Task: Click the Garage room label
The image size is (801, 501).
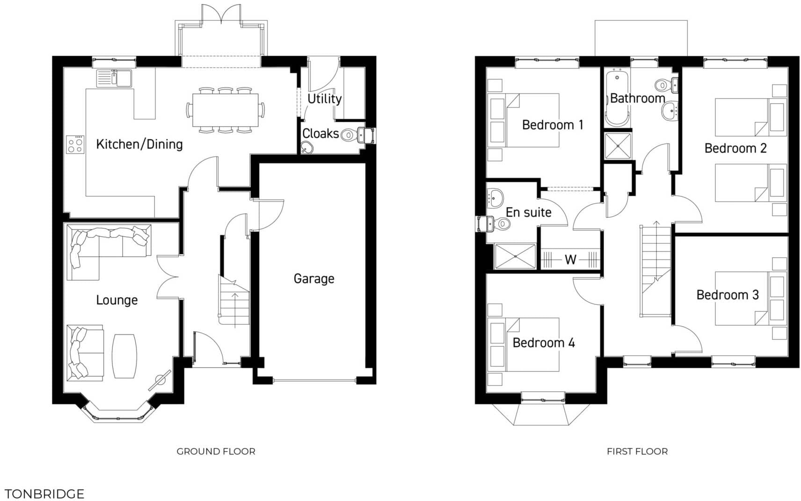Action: coord(314,279)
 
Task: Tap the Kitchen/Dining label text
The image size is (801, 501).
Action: coord(139,144)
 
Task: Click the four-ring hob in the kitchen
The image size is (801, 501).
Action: coord(75,144)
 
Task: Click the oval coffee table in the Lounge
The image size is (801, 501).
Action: coord(124,356)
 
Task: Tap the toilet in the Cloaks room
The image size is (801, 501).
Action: coord(348,136)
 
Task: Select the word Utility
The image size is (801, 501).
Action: coord(324,99)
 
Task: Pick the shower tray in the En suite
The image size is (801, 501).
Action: coord(515,257)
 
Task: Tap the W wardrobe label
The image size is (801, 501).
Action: coord(570,260)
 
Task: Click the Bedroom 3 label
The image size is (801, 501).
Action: coord(727,295)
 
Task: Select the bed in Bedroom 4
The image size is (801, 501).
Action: coord(524,345)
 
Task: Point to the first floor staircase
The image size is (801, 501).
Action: coord(655,269)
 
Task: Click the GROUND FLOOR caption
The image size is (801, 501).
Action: coord(216,451)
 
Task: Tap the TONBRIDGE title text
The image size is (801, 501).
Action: coord(44,494)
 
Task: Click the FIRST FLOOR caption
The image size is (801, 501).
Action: coord(637,451)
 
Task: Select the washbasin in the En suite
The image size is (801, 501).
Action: coord(495,197)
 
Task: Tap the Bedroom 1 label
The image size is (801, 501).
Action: coord(552,125)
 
